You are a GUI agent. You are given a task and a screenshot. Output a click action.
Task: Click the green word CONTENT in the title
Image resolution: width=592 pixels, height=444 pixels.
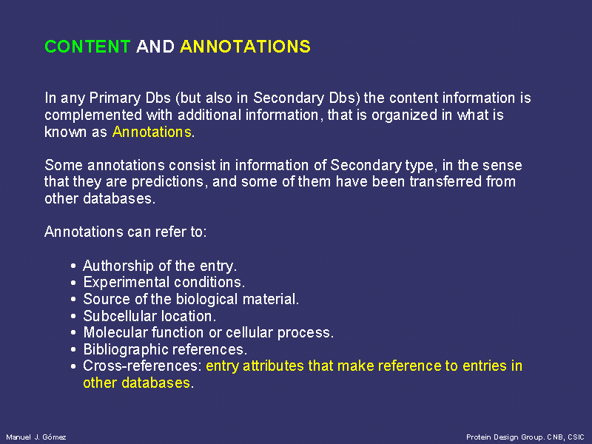87,47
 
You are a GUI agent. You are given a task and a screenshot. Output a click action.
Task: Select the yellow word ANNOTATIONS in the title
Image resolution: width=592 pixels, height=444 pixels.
246,47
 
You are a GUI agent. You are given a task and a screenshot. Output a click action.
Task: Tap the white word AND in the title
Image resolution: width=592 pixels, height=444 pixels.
155,47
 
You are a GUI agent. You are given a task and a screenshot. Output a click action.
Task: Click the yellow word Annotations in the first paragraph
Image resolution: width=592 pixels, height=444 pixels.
152,132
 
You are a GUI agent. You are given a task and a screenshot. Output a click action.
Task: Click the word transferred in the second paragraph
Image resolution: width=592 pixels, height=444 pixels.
445,181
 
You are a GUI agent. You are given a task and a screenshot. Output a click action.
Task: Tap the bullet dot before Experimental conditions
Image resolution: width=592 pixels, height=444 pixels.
73,283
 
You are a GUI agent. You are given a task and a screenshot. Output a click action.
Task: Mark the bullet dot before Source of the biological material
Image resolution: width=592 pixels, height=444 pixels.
73,300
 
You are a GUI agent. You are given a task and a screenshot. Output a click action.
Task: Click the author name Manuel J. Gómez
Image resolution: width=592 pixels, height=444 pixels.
36,437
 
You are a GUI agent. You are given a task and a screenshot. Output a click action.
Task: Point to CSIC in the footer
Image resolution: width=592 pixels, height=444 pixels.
576,437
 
